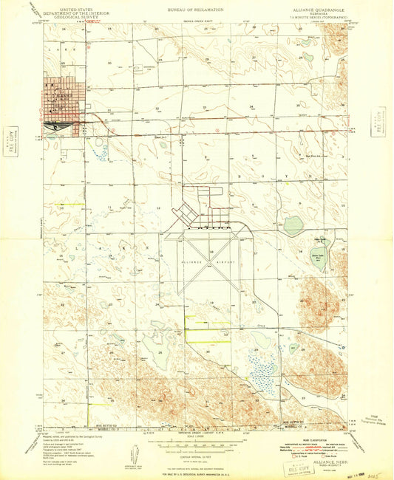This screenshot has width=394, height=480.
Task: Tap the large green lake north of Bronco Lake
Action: point(293,224)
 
